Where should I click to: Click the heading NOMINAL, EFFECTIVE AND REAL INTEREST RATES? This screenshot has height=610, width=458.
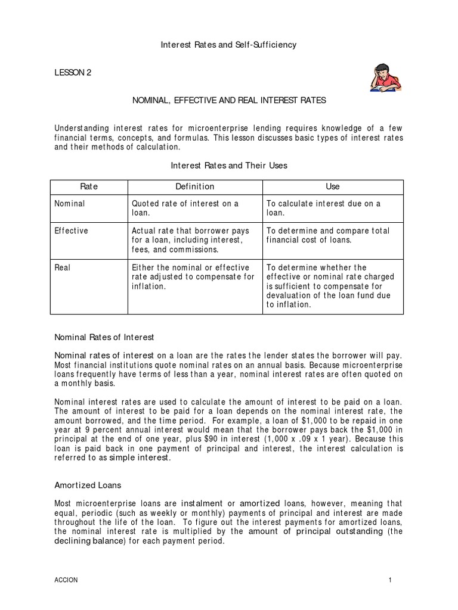(229, 101)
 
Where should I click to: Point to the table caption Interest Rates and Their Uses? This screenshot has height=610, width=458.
(229, 166)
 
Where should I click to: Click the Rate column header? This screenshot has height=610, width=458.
(89, 186)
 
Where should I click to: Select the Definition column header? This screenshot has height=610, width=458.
(194, 186)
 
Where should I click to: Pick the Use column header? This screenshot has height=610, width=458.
(333, 186)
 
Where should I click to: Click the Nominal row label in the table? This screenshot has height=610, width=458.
(70, 204)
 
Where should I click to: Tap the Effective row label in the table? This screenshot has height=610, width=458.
(71, 231)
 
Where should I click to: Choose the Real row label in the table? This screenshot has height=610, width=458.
(63, 267)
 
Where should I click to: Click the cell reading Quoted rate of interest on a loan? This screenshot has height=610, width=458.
(185, 208)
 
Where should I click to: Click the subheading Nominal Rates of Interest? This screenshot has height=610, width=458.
(104, 337)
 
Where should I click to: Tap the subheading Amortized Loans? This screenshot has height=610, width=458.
(88, 485)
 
